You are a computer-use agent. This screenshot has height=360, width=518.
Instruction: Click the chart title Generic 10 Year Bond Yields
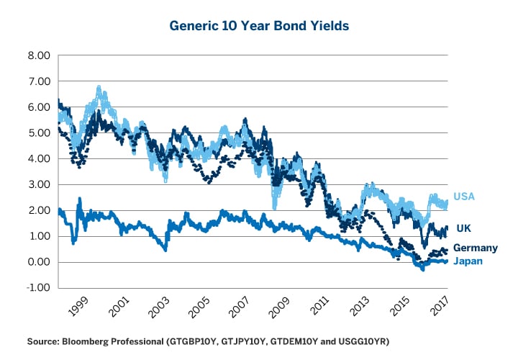coord(259,25)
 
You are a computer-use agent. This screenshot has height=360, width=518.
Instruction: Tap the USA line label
coord(463,197)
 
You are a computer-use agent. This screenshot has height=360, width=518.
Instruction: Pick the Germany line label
coord(475,248)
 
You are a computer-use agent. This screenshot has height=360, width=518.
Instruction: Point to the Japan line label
coord(468,261)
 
